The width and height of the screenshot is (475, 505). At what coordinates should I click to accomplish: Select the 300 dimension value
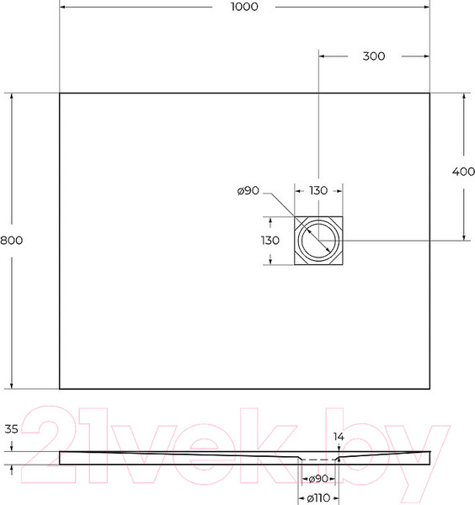tap(373, 56)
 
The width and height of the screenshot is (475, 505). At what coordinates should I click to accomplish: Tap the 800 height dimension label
tap(11, 240)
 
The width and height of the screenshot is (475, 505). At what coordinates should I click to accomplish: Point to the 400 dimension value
tap(463, 172)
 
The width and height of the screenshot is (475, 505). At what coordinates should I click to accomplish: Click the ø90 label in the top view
tap(248, 191)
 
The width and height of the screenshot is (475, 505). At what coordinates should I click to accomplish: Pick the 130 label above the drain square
tap(318, 191)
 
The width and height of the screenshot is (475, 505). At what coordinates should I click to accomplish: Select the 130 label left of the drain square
tap(270, 240)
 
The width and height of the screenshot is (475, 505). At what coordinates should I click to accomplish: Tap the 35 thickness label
tap(11, 428)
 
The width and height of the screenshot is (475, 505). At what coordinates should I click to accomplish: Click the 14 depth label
tap(339, 438)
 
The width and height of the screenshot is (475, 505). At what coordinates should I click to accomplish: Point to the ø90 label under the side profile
tap(318, 478)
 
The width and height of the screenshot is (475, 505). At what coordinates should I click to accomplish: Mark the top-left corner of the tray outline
tap(60, 93)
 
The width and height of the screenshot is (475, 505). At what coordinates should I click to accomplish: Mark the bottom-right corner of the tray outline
tap(430, 389)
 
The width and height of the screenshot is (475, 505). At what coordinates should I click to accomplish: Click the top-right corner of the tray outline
tap(430, 93)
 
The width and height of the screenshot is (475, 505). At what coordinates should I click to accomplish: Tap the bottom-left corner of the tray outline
tap(60, 389)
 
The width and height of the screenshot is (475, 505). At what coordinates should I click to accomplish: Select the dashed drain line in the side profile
tap(318, 460)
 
